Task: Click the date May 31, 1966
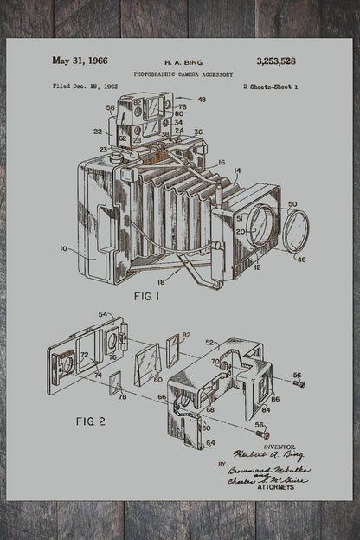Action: tap(79, 61)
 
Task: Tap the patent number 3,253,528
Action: tap(276, 61)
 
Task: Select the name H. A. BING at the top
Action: tap(182, 63)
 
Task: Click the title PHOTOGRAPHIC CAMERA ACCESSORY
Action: tap(183, 75)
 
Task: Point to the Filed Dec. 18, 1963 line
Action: tap(86, 87)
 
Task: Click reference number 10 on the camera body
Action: tap(63, 249)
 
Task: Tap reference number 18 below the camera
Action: tap(159, 283)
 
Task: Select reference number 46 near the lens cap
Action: tap(301, 259)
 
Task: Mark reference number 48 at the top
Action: tap(202, 100)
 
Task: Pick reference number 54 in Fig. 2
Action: tap(103, 314)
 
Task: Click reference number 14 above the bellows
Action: tap(237, 170)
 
